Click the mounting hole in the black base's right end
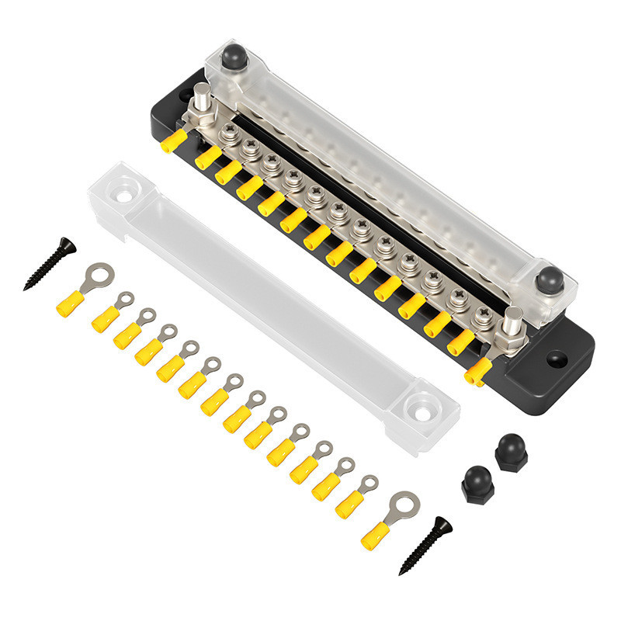[557, 359]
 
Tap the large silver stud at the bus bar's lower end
[512, 321]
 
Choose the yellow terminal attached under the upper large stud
[174, 141]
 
